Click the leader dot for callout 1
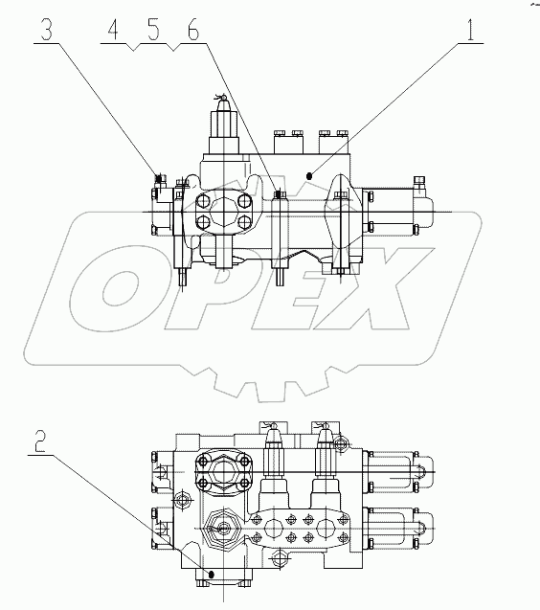310,176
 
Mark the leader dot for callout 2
206,576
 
